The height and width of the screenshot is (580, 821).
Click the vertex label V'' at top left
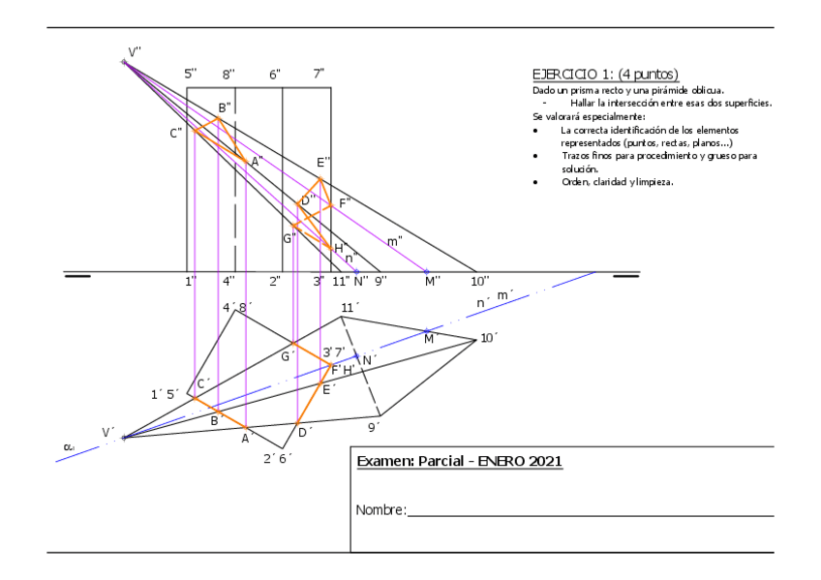pos(135,52)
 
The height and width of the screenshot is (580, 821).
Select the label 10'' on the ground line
pos(480,281)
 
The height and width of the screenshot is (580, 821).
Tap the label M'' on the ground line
pos(432,281)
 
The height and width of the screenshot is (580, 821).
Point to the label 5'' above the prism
pos(191,74)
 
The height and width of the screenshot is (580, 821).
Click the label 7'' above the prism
pos(319,74)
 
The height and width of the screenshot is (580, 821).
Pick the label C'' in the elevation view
pos(175,134)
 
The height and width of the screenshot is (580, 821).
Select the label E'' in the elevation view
pos(323,162)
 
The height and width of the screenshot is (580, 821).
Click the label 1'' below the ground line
pos(191,281)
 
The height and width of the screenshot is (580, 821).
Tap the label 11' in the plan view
pos(350,308)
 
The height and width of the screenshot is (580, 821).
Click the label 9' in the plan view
pos(374,425)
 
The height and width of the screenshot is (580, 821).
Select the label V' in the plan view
pos(108,432)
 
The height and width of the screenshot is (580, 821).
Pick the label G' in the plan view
pos(287,356)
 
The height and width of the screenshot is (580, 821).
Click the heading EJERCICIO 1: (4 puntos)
pos(605,74)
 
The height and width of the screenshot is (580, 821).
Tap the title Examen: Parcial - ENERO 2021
pos(460,462)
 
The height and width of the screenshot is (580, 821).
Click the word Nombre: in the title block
pos(380,510)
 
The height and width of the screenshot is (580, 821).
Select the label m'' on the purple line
pos(395,241)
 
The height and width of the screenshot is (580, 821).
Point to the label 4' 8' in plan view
pos(237,308)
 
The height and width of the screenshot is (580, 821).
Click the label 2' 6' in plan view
pos(277,458)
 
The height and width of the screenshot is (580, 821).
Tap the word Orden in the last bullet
pos(576,182)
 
